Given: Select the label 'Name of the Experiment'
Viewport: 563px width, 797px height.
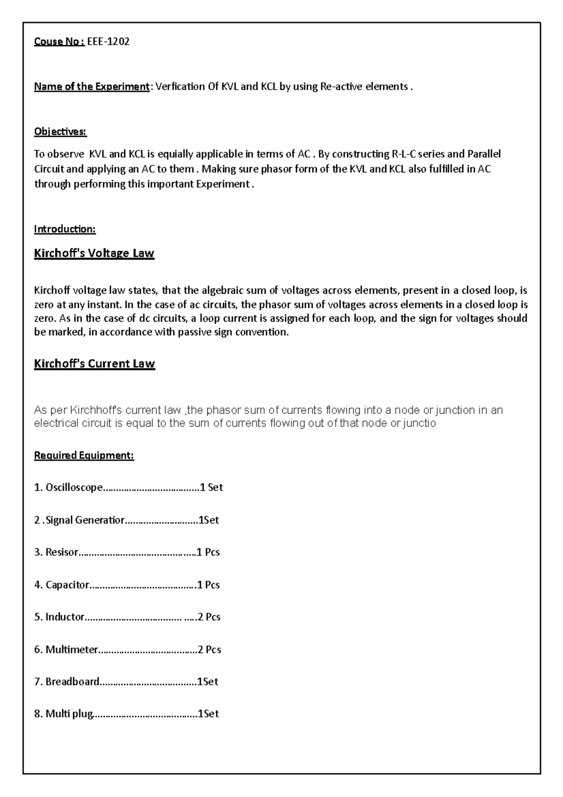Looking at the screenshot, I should (x=91, y=86).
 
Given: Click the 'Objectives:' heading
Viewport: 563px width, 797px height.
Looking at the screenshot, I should (x=60, y=131).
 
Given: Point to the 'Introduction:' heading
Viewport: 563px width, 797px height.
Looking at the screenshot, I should (x=64, y=229).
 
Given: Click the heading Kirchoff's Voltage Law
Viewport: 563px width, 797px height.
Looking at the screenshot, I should (x=94, y=253).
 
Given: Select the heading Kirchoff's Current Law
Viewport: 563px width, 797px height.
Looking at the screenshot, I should (x=94, y=364).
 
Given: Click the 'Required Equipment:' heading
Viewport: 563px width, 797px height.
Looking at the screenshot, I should (x=84, y=455).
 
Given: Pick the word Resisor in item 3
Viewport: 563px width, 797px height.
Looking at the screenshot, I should (x=61, y=552).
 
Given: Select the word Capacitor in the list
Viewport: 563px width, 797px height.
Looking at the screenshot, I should (x=67, y=585).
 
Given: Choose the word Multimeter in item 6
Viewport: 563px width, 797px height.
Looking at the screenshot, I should (x=72, y=650).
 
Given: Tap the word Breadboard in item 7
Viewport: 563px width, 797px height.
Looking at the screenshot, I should (x=72, y=682).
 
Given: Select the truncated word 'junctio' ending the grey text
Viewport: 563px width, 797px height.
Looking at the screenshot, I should (x=420, y=423).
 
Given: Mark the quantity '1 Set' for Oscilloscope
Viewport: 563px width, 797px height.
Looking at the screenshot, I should (x=211, y=487).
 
